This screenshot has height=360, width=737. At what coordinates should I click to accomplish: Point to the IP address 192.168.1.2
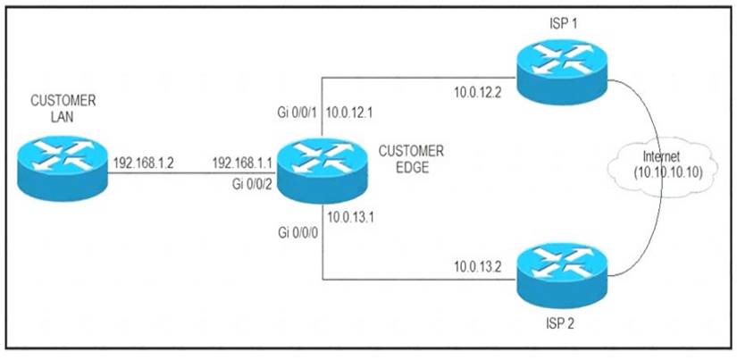[x=143, y=164]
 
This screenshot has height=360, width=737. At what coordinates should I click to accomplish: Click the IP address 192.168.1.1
[x=241, y=164]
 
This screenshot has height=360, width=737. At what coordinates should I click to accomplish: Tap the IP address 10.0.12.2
[x=481, y=93]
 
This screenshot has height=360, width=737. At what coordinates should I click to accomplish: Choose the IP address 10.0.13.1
[x=351, y=216]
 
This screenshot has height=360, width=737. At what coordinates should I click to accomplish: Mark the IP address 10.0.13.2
[x=481, y=266]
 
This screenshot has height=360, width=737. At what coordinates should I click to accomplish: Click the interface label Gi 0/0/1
[x=297, y=113]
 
